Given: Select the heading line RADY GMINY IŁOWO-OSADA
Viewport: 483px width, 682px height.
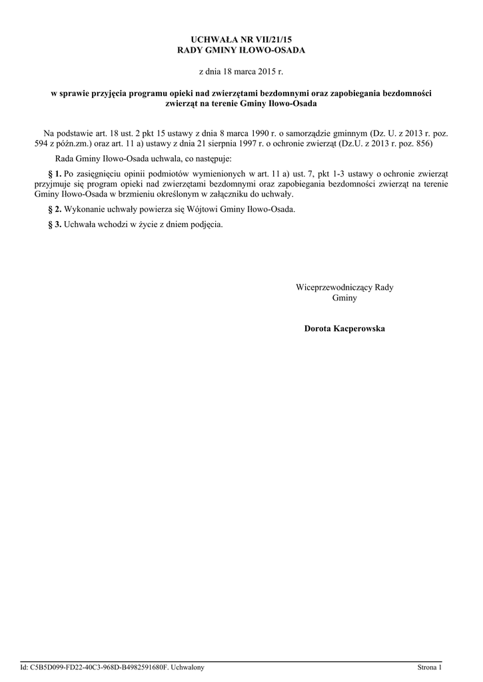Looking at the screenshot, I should pyautogui.click(x=241, y=51).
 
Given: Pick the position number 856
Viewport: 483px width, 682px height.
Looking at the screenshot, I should pyautogui.click(x=424, y=143).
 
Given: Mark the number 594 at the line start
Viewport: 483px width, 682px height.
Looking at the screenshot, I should pyautogui.click(x=41, y=143).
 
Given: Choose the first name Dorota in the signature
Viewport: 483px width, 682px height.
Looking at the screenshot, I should pyautogui.click(x=318, y=329).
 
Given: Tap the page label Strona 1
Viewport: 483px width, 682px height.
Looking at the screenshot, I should pyautogui.click(x=429, y=667).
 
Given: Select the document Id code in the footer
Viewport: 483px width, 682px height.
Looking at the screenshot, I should pyautogui.click(x=100, y=667).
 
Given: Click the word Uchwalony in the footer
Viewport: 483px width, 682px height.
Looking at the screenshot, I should pyautogui.click(x=188, y=667).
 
